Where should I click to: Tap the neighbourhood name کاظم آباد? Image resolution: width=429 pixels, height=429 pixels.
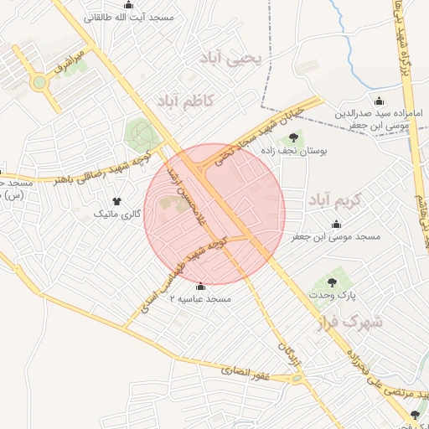tap(185, 101)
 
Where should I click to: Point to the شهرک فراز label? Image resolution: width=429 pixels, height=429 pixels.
tap(350, 321)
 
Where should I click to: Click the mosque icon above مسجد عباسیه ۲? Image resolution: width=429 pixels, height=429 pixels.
tap(199, 286)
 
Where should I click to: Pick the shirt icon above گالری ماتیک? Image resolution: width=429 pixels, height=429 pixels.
tap(116, 201)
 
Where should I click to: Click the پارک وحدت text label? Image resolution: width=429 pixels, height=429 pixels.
tap(340, 296)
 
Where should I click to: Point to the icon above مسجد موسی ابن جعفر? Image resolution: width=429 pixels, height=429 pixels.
tap(336, 224)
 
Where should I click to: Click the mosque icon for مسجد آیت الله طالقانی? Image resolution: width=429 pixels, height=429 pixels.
tap(128, 5)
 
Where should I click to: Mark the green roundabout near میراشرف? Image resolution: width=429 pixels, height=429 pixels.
tap(39, 83)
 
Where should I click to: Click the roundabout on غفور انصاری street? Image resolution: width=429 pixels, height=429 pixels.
tap(297, 379)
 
